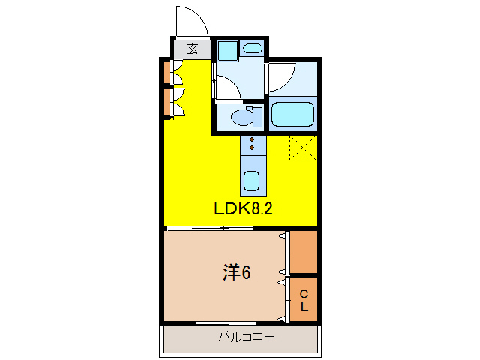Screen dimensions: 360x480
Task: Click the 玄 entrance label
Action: tap(193, 49)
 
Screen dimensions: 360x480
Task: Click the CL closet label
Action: tap(304, 300)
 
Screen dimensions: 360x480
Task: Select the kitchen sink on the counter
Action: tap(252, 181)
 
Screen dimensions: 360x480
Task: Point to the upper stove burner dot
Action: tap(253, 139)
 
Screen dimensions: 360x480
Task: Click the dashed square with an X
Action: tap(304, 148)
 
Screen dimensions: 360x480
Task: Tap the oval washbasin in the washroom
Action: tap(253, 49)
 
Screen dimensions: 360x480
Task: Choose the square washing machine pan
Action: tap(227, 50)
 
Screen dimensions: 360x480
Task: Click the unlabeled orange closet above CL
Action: tap(304, 252)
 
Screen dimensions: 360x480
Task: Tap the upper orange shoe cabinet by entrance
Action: tap(166, 73)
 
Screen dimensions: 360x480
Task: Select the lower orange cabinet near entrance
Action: tap(166, 103)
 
